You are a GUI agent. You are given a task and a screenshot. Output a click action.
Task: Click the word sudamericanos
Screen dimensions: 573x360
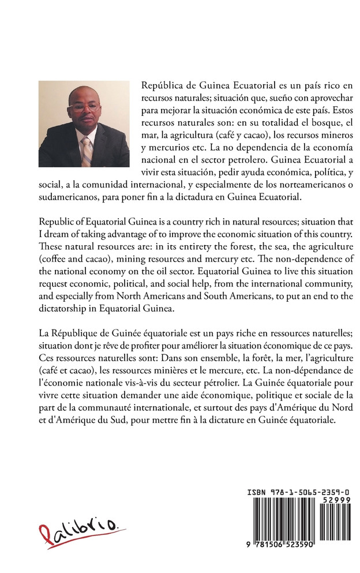[x=65, y=198]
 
